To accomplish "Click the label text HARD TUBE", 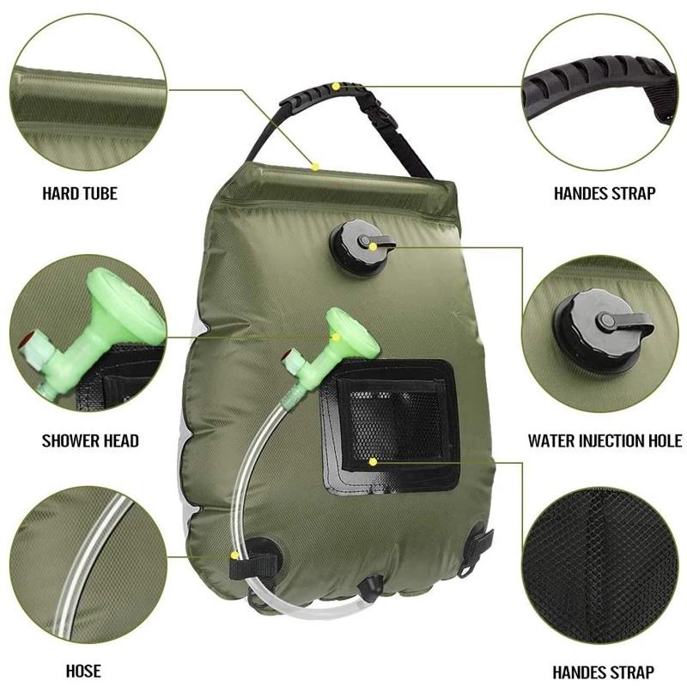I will pos(80,193).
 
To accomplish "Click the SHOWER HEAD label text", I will pos(90,441).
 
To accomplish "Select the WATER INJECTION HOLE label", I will pos(605,441).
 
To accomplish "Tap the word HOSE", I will pos(83,671).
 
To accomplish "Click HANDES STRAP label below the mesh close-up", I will pos(603,672).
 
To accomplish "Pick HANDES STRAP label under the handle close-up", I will pos(604,193).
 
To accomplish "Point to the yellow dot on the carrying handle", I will pos(336,86).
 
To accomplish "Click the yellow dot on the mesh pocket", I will pos(373,461).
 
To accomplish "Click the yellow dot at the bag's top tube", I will pos(315,165).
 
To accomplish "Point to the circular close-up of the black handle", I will pos(601,86).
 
